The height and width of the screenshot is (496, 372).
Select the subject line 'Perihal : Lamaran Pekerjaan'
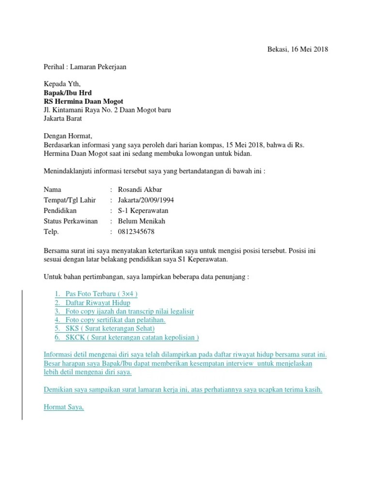point(85,67)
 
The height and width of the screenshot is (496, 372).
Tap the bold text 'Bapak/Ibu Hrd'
point(67,93)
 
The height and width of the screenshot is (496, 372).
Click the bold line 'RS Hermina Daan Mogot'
point(83,101)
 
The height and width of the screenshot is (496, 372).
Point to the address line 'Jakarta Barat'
point(62,118)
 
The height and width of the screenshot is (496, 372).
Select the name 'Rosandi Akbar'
point(139,189)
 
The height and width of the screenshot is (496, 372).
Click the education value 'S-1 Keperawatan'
point(143,211)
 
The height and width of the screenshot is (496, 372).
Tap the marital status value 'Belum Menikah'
point(141,221)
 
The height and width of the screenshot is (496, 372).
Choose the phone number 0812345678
point(136,232)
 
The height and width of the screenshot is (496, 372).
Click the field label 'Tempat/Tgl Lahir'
point(70,200)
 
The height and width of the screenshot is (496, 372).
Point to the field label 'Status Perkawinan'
point(71,221)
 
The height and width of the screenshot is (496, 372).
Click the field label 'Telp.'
point(51,232)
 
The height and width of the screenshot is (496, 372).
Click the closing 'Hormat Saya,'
point(64,407)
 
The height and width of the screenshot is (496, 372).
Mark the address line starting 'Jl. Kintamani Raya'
point(107,110)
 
